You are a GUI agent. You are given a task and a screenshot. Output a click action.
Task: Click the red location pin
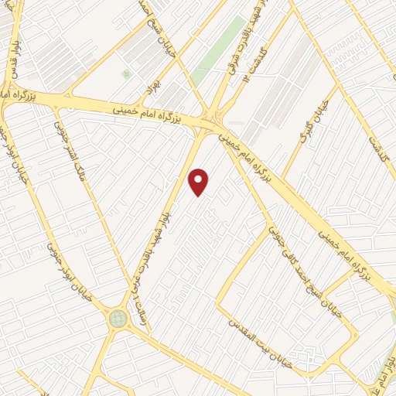coord(199,181)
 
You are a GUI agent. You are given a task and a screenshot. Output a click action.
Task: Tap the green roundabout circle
coord(118,317)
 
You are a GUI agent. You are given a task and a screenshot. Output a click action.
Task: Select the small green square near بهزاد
coord(125,74)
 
